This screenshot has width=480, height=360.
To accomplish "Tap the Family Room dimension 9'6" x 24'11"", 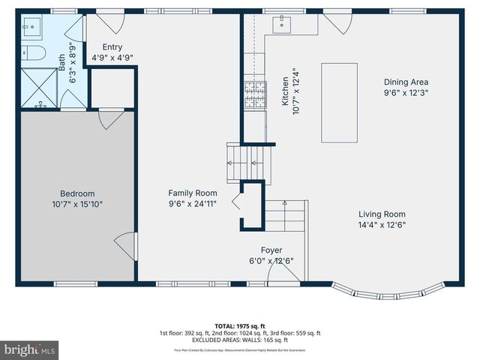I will click(192, 203).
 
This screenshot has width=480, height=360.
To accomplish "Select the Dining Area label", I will click(405, 82).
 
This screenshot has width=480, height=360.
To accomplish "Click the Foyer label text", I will click(271, 250).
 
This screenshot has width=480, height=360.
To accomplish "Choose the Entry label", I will click(112, 46).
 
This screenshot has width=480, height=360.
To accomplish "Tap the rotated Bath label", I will click(62, 54).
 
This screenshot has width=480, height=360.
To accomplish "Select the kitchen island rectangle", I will click(339, 103).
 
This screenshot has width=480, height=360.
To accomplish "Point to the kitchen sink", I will click(284, 25).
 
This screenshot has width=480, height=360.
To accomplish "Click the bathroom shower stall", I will click(37, 85).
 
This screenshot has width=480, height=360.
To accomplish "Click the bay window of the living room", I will click(387, 289).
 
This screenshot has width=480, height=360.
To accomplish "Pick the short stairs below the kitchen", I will click(247, 160).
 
